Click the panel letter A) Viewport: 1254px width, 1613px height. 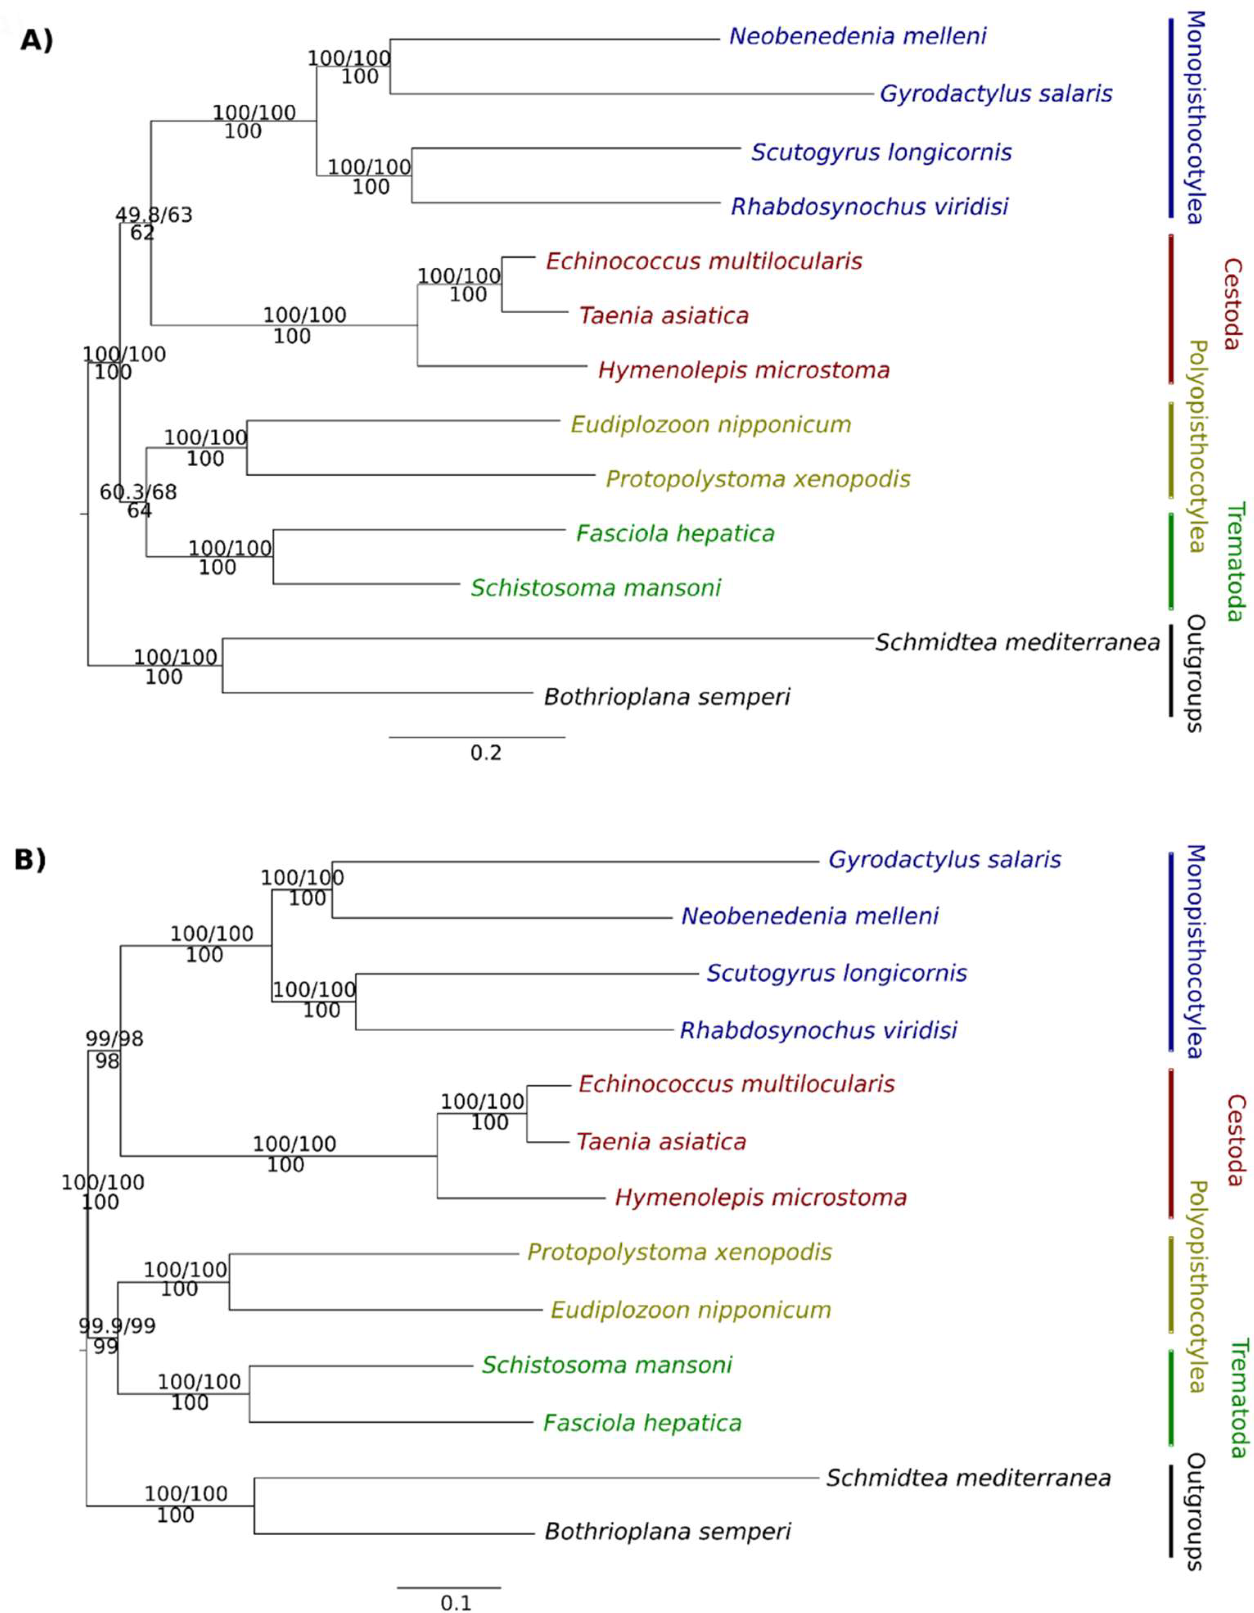tap(36, 40)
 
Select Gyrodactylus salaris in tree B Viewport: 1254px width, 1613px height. tap(944, 860)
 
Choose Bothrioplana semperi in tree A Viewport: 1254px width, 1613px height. tap(667, 696)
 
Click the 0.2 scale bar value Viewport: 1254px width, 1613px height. tap(485, 752)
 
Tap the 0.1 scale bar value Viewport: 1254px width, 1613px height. tap(456, 1603)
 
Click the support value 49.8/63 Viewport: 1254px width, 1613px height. tap(153, 215)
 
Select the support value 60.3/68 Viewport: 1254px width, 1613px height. tap(138, 492)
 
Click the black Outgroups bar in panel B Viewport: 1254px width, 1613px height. tap(1171, 1511)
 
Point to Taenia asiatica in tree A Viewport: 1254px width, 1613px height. tap(663, 315)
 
